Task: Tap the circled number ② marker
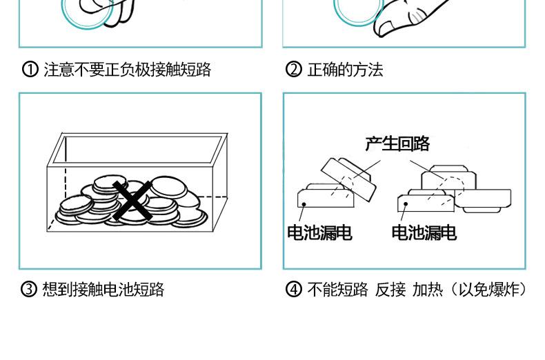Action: point(294,70)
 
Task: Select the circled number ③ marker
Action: point(30,289)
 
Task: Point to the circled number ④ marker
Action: point(294,289)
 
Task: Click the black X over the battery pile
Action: point(133,201)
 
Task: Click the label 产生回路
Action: point(397,143)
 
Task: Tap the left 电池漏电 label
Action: point(319,233)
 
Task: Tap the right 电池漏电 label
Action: point(424,233)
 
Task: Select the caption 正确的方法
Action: point(344,70)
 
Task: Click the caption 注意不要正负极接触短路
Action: point(127,70)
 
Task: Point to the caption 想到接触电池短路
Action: point(103,289)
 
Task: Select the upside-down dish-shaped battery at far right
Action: point(486,200)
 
